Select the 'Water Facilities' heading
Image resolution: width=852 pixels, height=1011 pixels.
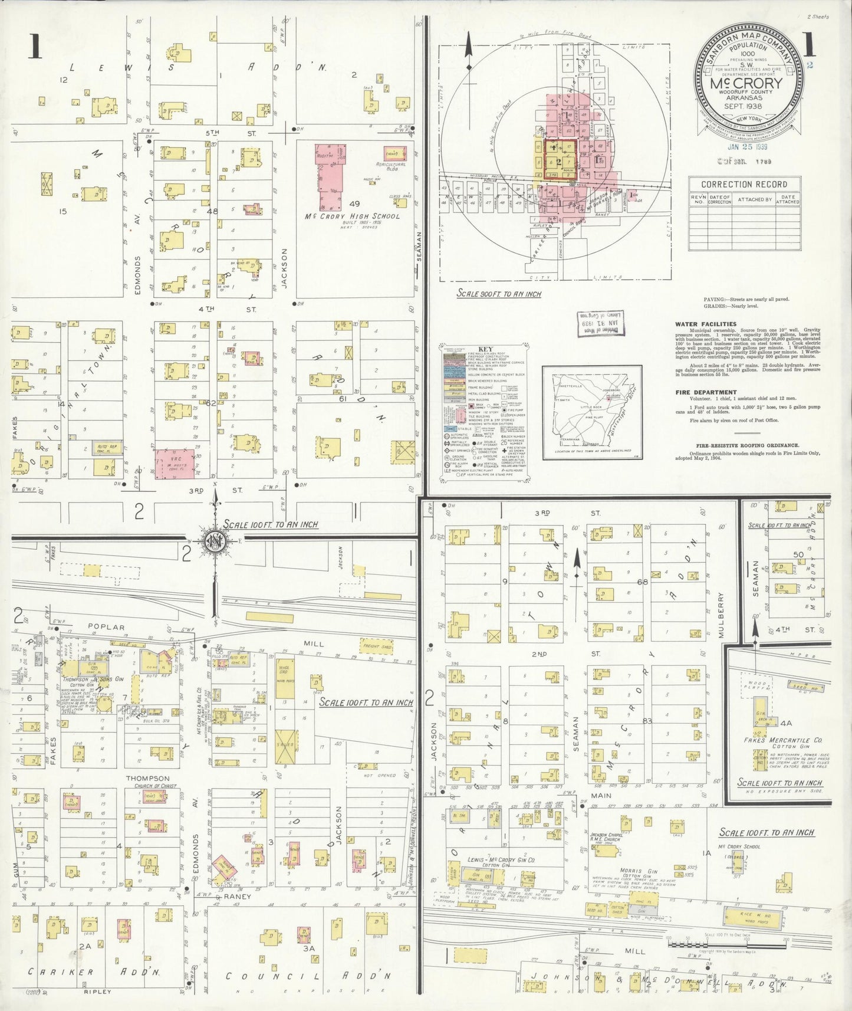706,324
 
